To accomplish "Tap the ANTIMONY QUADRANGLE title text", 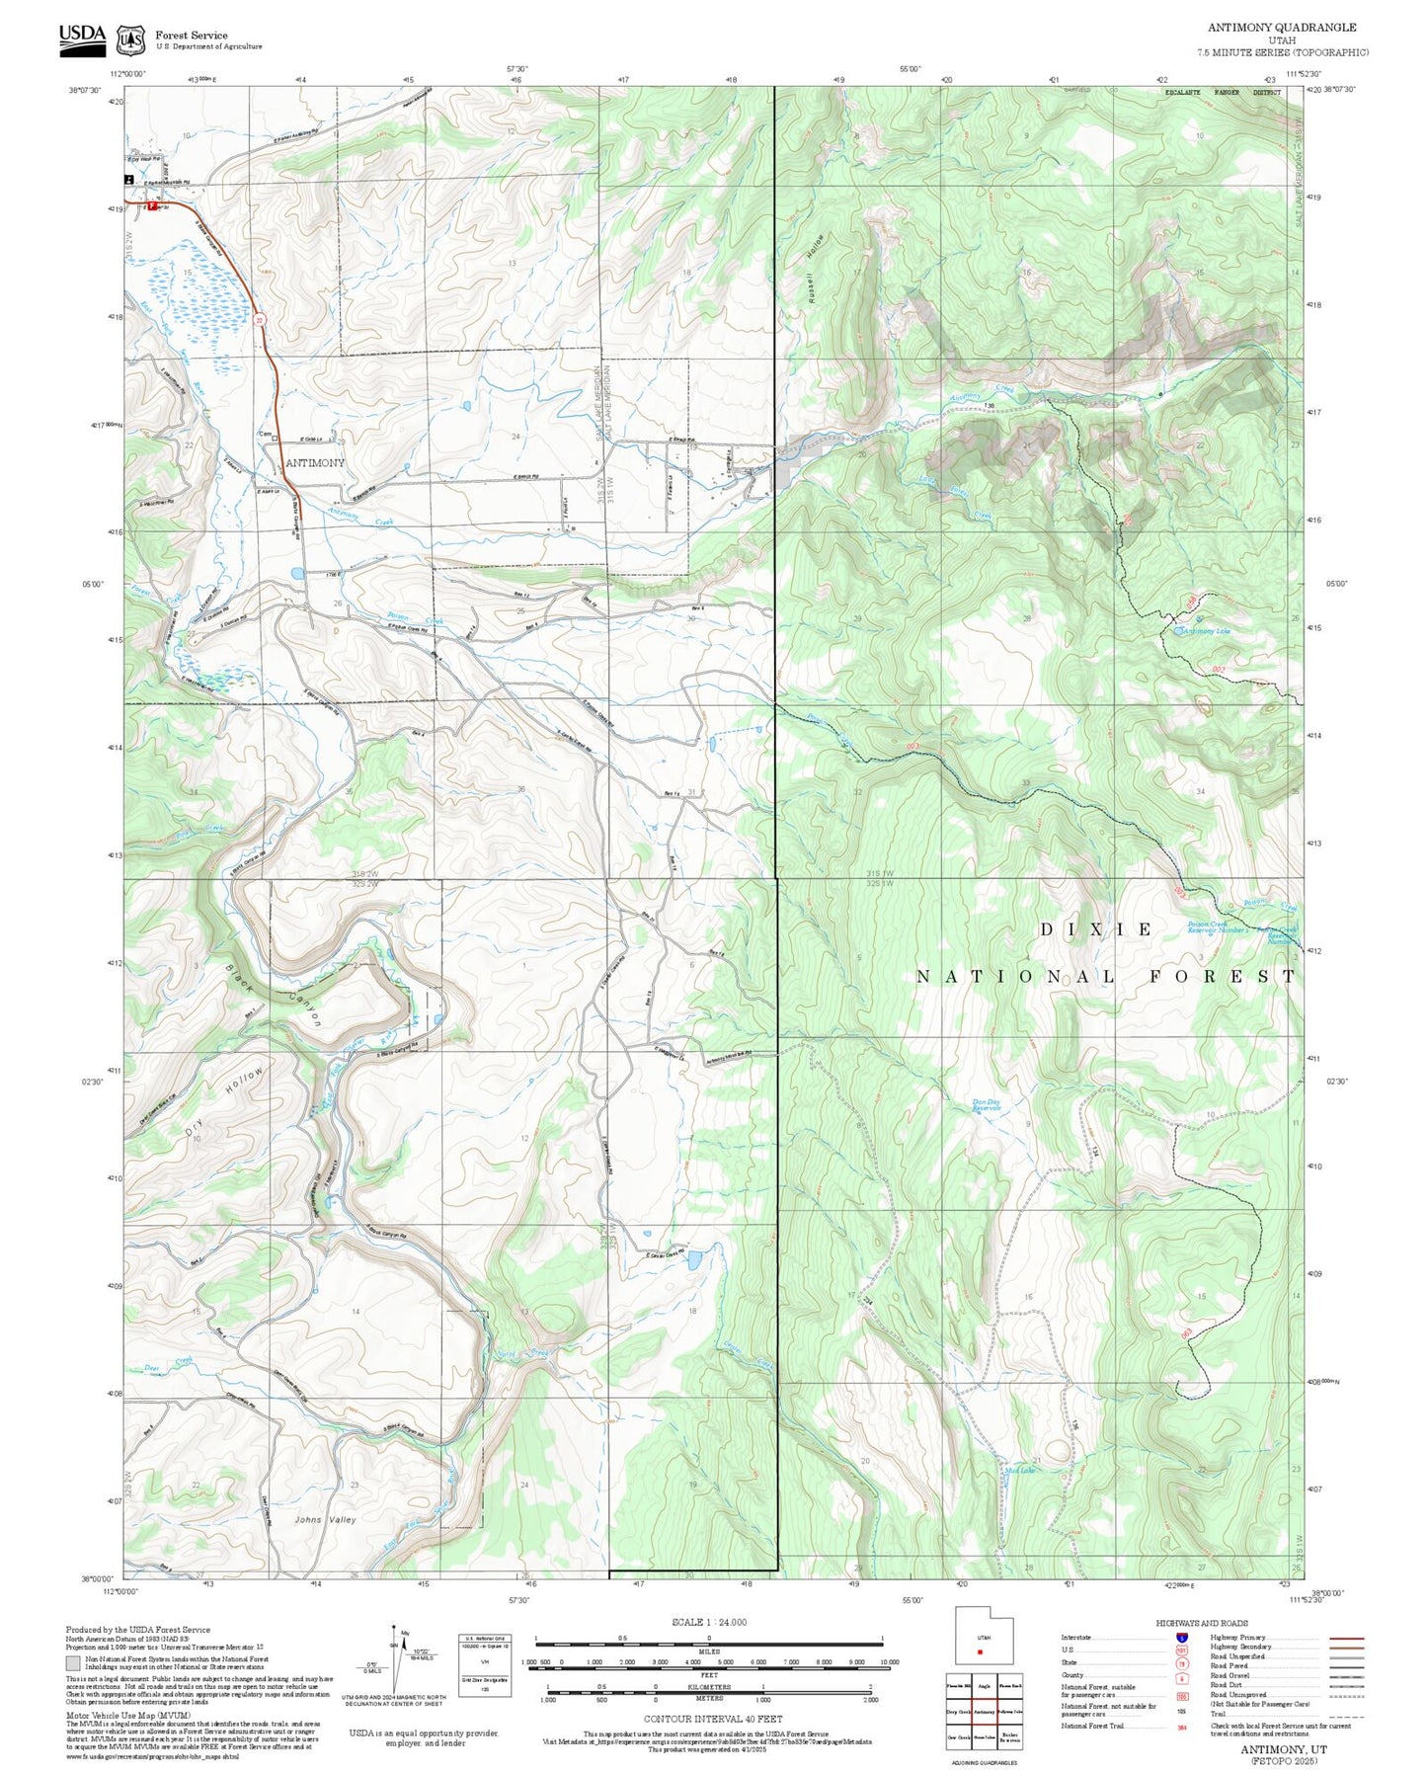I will [x=1282, y=28].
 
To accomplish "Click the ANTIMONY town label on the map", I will [x=315, y=462].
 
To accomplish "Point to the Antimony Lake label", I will [x=1205, y=631].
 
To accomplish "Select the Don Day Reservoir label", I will [x=987, y=1105].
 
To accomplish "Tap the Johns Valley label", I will [x=326, y=1520].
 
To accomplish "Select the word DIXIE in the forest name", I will [x=1097, y=929].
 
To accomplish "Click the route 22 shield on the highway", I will [x=260, y=320].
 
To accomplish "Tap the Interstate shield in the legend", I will [x=1181, y=1637].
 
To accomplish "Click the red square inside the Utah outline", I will [x=981, y=1651].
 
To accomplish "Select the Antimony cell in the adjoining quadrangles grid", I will [x=984, y=1712].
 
